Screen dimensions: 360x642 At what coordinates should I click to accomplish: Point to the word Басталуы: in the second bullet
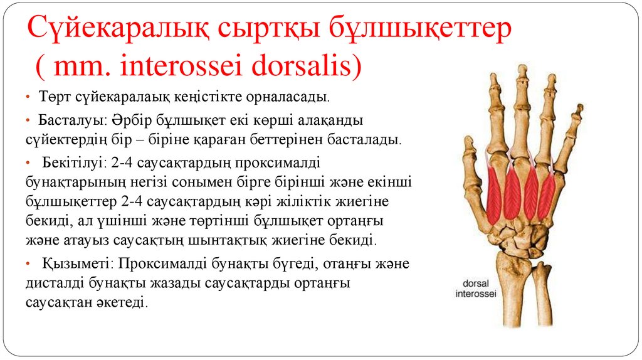pos(65,119)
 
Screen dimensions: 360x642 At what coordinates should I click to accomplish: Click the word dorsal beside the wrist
pos(475,283)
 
